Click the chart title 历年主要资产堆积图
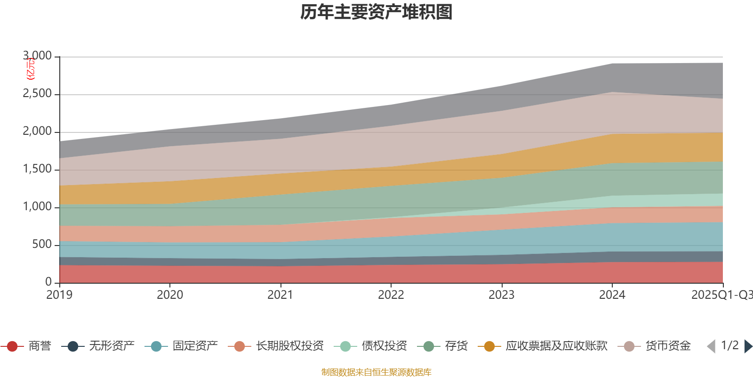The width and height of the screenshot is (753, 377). tap(376, 12)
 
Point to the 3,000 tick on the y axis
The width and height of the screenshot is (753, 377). tap(38, 56)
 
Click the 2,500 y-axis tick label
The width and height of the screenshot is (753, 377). tap(38, 94)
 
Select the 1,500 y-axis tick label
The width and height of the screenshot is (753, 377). tap(38, 169)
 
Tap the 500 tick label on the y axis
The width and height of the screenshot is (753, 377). tap(42, 245)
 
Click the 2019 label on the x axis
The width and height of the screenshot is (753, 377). tap(59, 295)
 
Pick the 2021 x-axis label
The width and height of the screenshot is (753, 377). tap(280, 295)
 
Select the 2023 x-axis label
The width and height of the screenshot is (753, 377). tap(501, 295)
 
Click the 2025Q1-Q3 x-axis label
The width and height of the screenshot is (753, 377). tap(721, 295)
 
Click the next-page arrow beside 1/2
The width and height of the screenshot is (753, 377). tap(748, 346)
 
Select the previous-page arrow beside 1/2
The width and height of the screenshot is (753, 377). tap(711, 346)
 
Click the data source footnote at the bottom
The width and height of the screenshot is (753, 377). tap(376, 372)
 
